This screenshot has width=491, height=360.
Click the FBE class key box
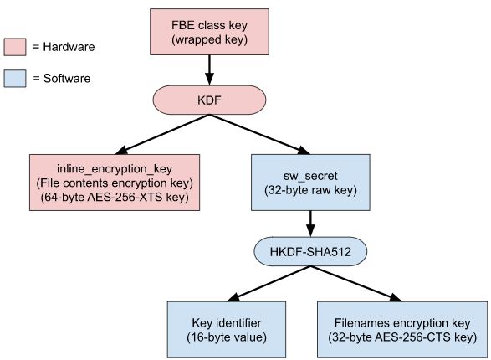click(209, 32)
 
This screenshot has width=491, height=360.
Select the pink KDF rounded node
click(209, 100)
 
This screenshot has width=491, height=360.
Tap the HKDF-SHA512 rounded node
click(310, 252)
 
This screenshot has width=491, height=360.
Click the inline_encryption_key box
click(115, 183)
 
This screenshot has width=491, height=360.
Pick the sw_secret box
click(310, 183)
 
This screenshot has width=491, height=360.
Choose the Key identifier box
click(227, 330)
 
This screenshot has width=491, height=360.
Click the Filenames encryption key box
click(402, 330)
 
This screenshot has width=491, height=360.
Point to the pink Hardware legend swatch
click(15, 47)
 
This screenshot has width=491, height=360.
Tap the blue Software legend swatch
click(15, 79)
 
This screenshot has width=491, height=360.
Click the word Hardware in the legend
click(69, 47)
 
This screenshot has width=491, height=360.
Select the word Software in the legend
click(67, 79)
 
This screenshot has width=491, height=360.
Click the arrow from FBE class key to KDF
click(209, 70)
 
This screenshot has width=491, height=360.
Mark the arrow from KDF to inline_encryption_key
click(162, 135)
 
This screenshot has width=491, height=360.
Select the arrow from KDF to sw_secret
click(259, 135)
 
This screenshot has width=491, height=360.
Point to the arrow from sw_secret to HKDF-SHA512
click(310, 224)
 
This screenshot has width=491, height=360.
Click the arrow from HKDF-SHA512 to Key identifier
click(269, 284)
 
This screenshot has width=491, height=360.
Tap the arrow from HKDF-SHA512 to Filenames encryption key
click(356, 284)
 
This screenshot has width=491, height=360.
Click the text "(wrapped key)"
click(209, 40)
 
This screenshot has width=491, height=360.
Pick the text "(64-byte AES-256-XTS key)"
click(115, 197)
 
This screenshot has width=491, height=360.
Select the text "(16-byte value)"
click(227, 337)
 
